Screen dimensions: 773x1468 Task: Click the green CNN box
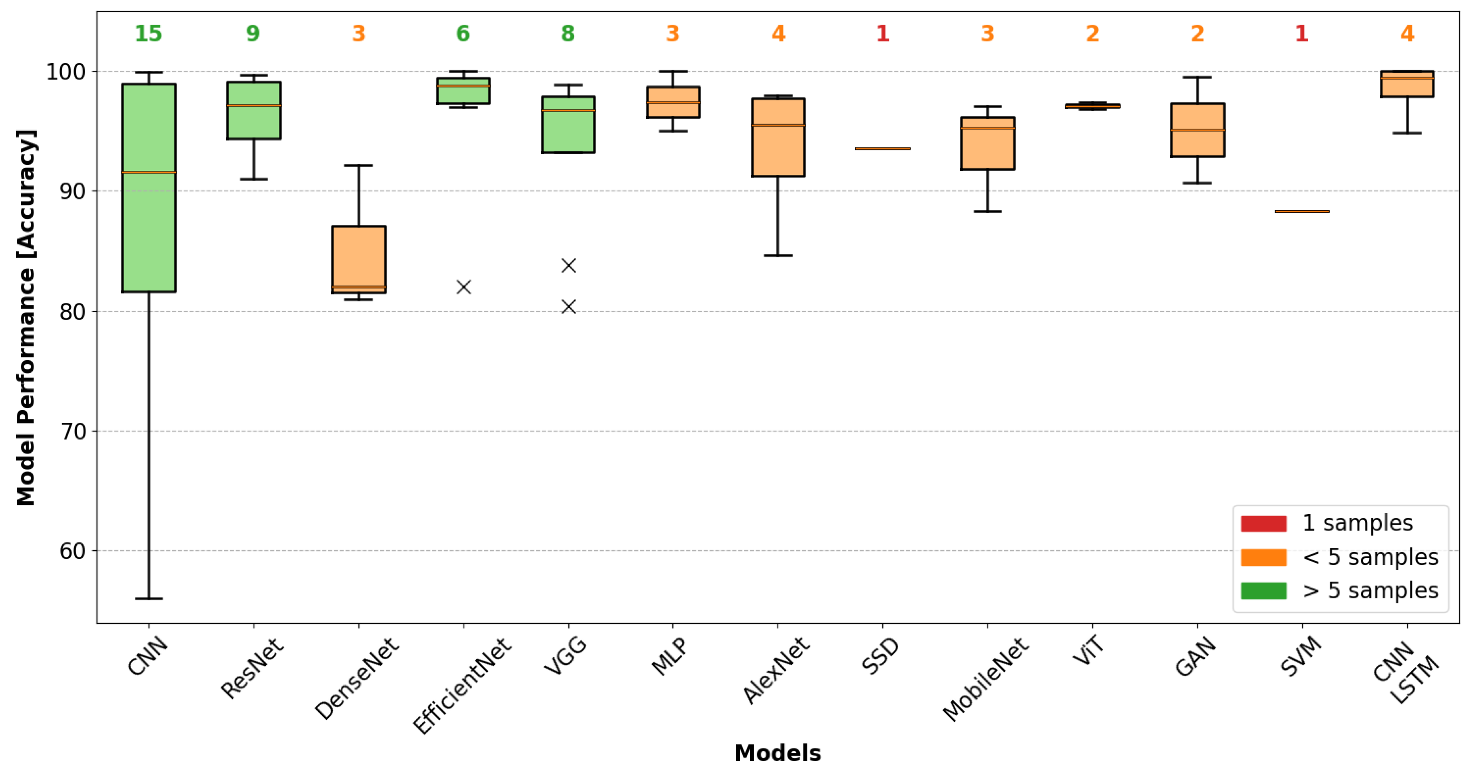149,188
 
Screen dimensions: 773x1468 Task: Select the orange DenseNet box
358,259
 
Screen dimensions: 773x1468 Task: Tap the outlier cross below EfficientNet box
464,287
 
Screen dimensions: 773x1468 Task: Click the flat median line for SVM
1302,211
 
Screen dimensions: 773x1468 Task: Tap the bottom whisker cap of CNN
149,599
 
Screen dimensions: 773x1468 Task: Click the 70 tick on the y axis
72,431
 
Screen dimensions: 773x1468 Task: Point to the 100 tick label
65,72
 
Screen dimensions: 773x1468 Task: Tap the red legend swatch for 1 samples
1264,523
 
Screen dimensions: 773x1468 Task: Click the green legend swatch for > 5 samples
1264,591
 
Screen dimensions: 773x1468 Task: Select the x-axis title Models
777,753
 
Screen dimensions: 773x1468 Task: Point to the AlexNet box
778,137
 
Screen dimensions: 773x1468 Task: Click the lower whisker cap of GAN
1197,183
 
